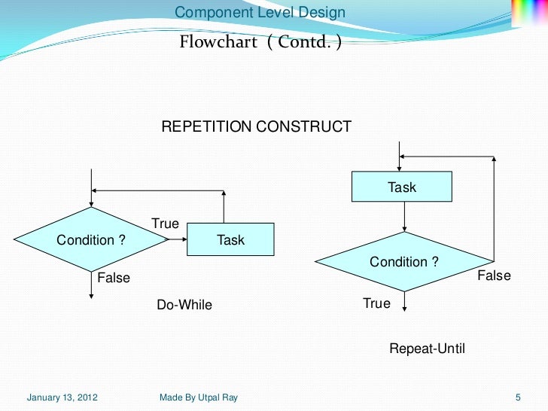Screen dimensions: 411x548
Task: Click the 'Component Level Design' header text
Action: (x=260, y=13)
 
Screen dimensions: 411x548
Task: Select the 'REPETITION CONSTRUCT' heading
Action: (x=256, y=126)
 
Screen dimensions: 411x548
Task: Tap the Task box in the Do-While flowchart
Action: (x=230, y=240)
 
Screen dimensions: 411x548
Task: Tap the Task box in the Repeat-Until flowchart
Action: (x=402, y=187)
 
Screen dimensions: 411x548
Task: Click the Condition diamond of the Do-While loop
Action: (x=91, y=240)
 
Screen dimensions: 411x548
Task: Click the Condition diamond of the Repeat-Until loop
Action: (x=404, y=262)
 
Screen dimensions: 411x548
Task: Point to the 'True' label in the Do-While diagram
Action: (x=165, y=224)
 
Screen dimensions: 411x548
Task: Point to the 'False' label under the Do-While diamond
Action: (x=114, y=278)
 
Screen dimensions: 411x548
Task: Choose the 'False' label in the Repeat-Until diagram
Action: (x=494, y=276)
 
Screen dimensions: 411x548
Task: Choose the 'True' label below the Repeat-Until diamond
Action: (x=376, y=303)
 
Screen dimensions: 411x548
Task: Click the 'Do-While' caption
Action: (x=184, y=305)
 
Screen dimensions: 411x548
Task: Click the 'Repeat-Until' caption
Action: (x=427, y=349)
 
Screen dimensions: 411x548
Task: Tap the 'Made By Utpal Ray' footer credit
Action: (x=199, y=397)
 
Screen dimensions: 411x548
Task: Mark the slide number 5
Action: (x=518, y=397)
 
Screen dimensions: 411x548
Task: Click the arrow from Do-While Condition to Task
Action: (x=178, y=240)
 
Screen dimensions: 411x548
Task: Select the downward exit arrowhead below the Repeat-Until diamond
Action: (x=405, y=306)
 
